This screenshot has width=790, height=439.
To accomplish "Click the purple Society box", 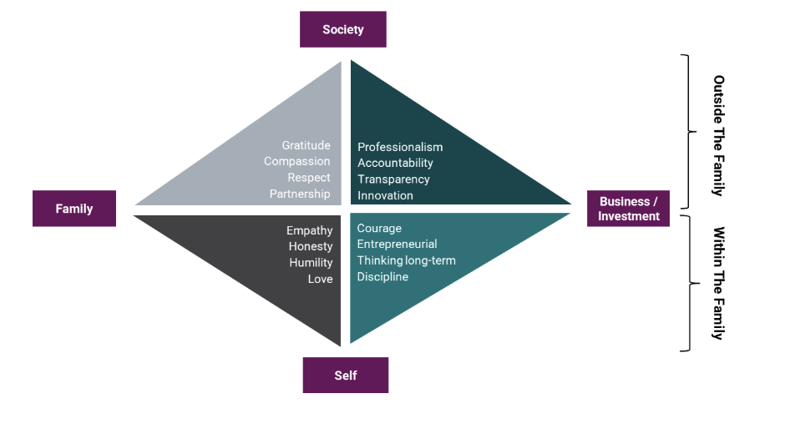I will pos(343,29).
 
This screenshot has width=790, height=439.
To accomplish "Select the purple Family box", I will pos(74,209).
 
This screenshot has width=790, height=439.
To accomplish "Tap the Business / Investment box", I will pos(628,209).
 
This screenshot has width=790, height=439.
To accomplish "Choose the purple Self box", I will pos(346,376).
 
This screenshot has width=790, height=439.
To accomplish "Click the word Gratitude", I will pos(306,146).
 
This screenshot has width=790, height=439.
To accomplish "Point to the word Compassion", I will pos(296,162).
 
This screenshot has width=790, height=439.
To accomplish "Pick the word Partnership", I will pos(300,194).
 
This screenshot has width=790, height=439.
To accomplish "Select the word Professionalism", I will pos(400,148).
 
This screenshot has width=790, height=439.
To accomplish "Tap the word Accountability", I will pos(395,164).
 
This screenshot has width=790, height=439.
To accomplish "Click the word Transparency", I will pos(393,179).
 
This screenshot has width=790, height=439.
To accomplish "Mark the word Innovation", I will pos(385,196).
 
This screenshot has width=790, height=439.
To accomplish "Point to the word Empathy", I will pos(309,231).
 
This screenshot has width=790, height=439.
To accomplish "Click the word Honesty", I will pos(311,247).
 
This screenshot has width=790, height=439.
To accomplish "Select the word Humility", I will pos(311,263).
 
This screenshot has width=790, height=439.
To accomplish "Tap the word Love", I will pos(320,280).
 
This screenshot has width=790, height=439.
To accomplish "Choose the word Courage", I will pos(379,229).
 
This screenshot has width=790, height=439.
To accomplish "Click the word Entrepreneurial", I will pos(397,245).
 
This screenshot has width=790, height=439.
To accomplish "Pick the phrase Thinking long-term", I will pos(406,260).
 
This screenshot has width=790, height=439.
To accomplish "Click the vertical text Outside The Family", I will pos(718,134).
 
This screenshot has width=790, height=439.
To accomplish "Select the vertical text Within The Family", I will pos(718,283).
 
